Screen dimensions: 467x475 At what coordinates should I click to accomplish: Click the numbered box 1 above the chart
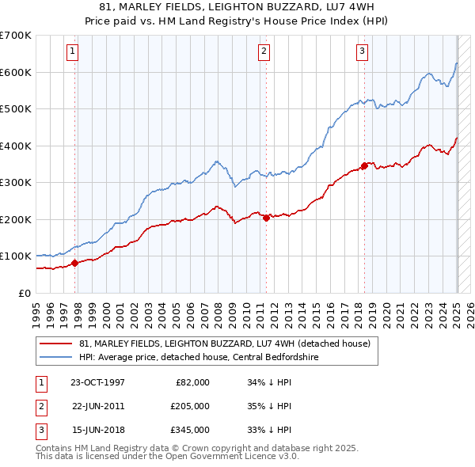point(72,52)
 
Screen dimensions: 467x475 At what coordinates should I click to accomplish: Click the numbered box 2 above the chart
point(264,52)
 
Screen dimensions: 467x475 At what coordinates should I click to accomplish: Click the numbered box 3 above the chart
point(362,52)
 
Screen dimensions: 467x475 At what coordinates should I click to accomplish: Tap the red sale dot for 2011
point(266,218)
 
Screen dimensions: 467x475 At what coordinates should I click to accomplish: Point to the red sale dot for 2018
point(364,166)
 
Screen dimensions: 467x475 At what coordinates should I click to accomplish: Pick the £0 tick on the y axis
point(25,293)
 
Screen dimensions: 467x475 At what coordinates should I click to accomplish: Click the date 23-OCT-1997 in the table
point(97,382)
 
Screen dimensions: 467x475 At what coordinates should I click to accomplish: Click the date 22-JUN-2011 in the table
point(97,406)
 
